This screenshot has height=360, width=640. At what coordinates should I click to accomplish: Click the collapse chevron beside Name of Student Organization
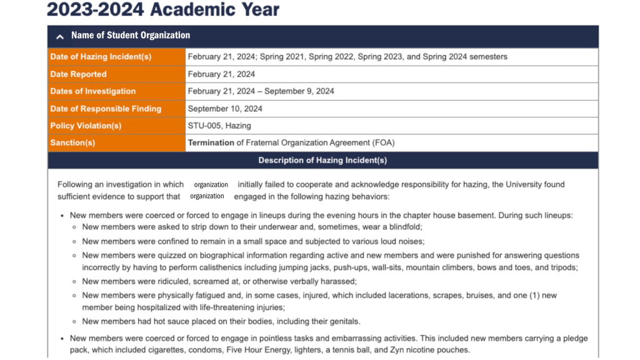(60, 36)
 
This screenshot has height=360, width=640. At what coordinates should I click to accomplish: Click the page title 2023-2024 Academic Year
(163, 9)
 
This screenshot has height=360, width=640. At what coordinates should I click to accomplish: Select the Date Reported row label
(78, 74)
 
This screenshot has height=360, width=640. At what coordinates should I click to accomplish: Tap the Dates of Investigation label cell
(92, 91)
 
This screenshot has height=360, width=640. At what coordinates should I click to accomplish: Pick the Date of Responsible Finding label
(106, 109)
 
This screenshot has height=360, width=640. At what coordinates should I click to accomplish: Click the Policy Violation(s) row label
(86, 126)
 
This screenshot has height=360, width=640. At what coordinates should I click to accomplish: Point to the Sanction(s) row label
(72, 142)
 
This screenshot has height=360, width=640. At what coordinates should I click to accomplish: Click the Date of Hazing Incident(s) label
(101, 57)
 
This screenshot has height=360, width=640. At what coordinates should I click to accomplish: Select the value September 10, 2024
(225, 109)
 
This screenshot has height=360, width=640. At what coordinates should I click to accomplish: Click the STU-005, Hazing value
(219, 126)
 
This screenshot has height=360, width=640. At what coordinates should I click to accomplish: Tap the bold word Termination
(211, 142)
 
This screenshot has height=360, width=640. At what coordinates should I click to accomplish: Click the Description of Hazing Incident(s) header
(322, 160)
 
